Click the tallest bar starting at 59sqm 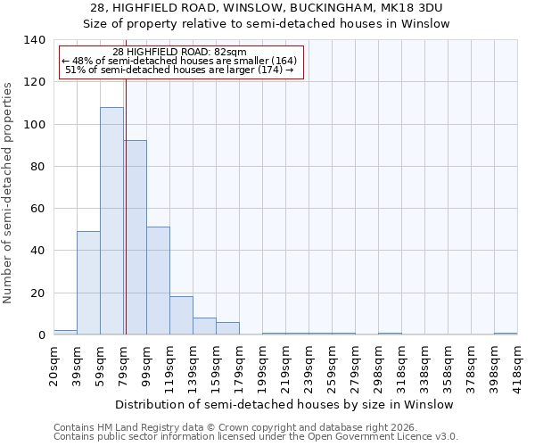(x=111, y=220)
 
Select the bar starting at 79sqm (x=135, y=237)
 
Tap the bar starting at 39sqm (x=88, y=283)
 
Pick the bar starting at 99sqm (x=158, y=281)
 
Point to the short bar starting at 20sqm (x=65, y=332)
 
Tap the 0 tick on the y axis (x=40, y=335)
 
